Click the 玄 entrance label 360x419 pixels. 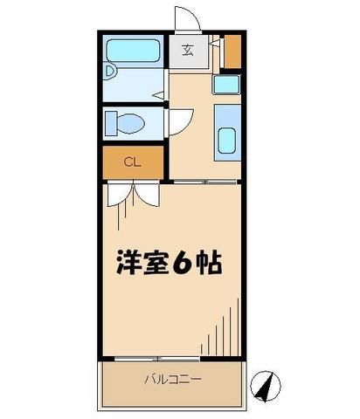189,51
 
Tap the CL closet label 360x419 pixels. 131,161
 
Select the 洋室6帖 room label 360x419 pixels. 170,263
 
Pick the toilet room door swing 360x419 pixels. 174,120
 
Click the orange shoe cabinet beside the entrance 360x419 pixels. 231,52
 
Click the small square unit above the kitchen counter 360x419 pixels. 225,85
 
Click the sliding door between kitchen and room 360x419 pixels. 204,181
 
